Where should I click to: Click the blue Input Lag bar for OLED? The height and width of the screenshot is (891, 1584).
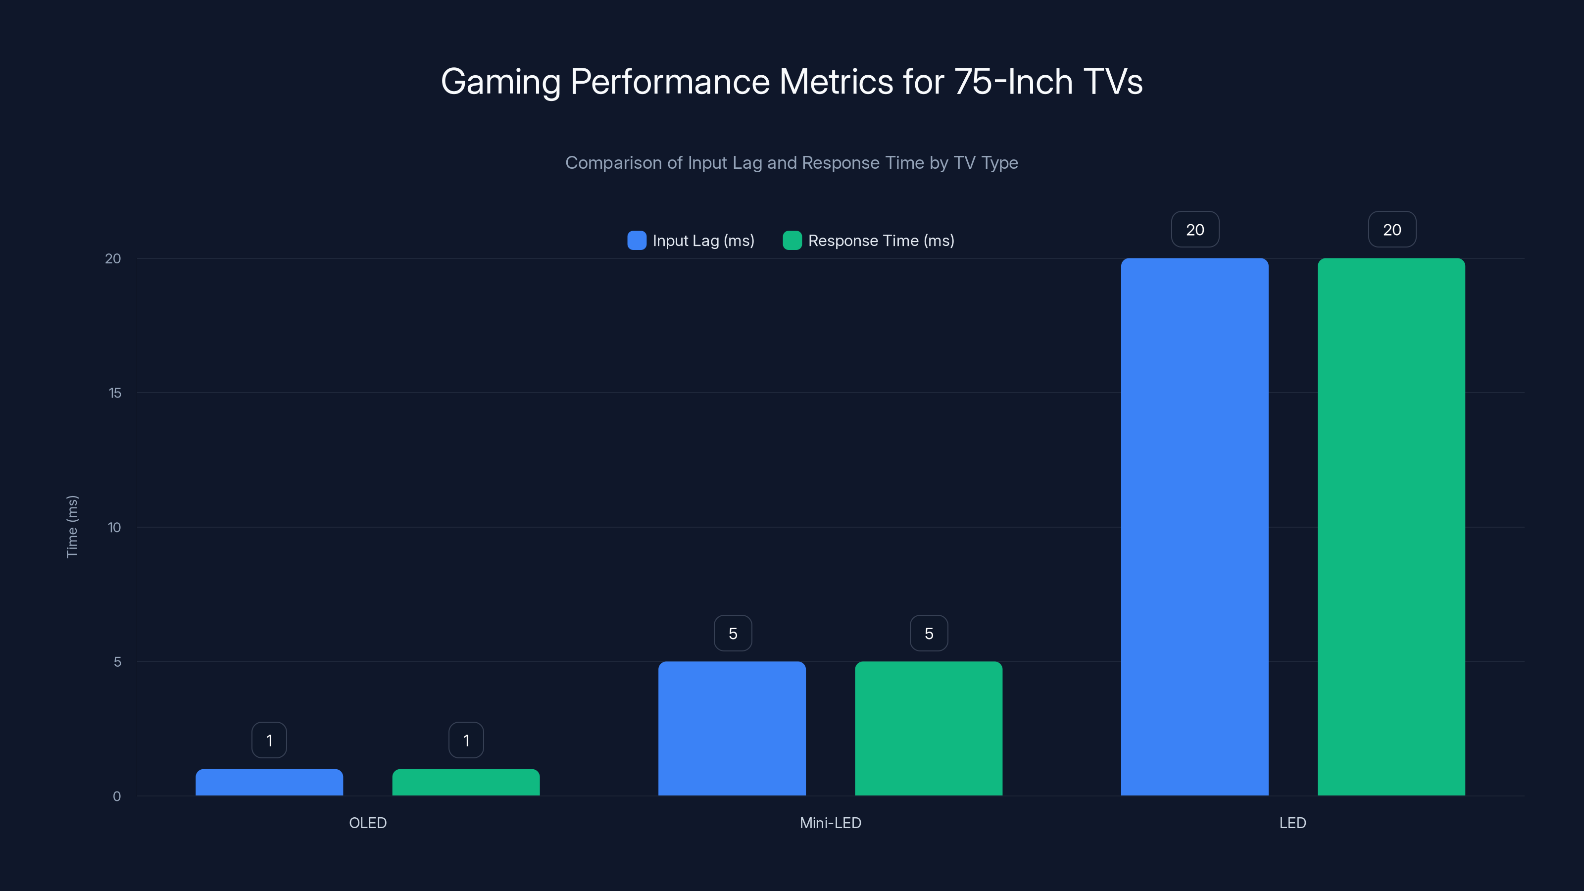pyautogui.click(x=269, y=782)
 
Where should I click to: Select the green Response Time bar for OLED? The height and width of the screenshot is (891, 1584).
pyautogui.click(x=466, y=782)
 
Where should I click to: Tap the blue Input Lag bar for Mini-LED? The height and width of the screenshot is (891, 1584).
pyautogui.click(x=732, y=729)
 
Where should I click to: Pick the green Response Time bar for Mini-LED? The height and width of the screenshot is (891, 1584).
pyautogui.click(x=929, y=729)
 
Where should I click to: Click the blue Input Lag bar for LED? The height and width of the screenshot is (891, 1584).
pyautogui.click(x=1194, y=527)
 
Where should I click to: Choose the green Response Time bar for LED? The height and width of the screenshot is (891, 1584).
pyautogui.click(x=1391, y=527)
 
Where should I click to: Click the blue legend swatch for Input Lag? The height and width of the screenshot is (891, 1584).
pyautogui.click(x=637, y=241)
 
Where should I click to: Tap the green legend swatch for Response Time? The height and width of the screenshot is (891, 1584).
pyautogui.click(x=792, y=241)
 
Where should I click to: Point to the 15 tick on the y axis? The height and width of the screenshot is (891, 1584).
pyautogui.click(x=115, y=393)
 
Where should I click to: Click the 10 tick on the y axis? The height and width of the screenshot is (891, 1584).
pyautogui.click(x=114, y=528)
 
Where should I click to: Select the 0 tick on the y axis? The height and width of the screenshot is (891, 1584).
pyautogui.click(x=117, y=796)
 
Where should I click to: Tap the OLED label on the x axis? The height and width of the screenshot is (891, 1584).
pyautogui.click(x=368, y=823)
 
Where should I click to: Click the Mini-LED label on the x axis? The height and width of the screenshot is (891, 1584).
pyautogui.click(x=830, y=823)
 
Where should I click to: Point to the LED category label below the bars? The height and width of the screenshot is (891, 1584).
pyautogui.click(x=1292, y=823)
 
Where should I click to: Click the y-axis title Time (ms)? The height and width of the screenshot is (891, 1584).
pyautogui.click(x=72, y=526)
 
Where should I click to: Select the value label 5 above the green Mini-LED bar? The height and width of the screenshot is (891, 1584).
pyautogui.click(x=929, y=634)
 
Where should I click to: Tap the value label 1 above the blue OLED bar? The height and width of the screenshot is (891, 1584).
pyautogui.click(x=269, y=741)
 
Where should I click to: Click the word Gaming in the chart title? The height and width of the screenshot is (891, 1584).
pyautogui.click(x=500, y=82)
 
